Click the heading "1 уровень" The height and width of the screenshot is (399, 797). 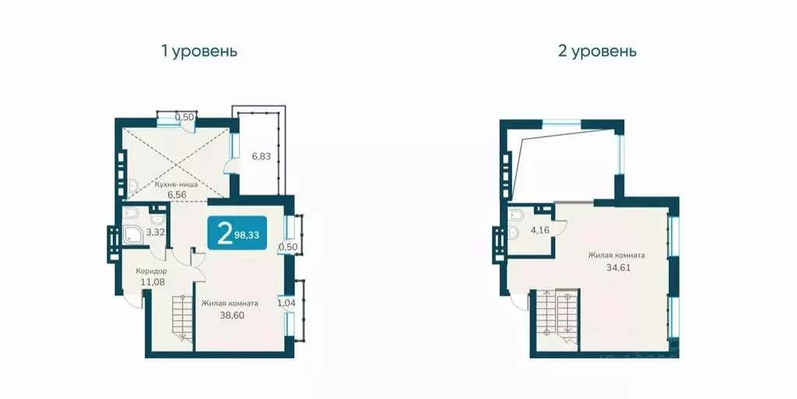198,52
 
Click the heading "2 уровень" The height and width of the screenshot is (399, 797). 598,52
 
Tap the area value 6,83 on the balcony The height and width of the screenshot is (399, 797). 260,157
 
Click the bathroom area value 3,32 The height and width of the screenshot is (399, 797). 156,231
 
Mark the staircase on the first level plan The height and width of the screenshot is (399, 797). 181,320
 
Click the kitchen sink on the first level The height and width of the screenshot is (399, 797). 132,185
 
